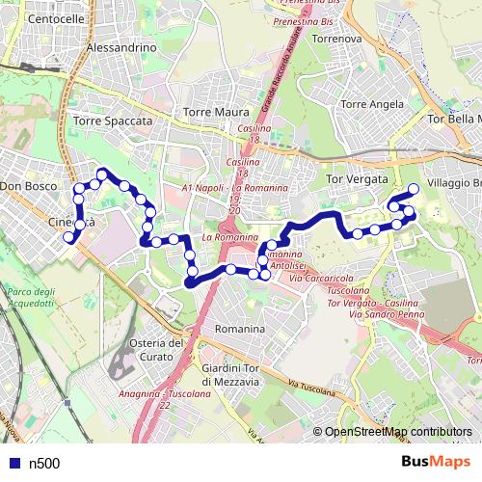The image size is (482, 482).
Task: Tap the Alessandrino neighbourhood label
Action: coord(121,46)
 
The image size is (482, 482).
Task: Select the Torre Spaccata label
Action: coord(113,121)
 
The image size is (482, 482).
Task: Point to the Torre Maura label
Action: coord(216,112)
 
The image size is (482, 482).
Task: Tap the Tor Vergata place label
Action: coord(358,179)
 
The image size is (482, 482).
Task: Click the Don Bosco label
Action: coord(24,185)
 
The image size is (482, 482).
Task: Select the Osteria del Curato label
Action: coord(155,351)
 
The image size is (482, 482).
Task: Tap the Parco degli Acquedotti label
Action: coord(30,297)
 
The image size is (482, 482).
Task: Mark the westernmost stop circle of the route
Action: coord(68,237)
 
